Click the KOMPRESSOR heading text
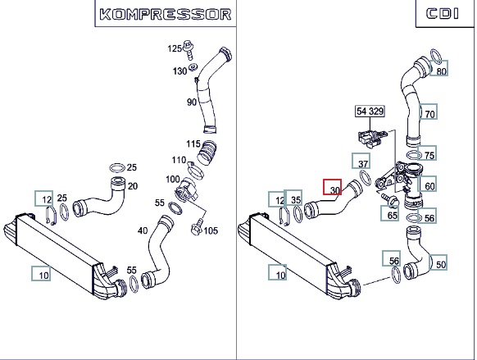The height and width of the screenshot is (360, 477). [166, 14]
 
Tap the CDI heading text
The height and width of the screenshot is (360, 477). [443, 14]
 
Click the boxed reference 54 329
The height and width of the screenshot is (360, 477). [370, 111]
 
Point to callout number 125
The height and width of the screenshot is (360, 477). [175, 48]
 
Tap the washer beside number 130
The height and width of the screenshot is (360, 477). [193, 67]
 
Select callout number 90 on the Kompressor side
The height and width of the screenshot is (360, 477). [192, 103]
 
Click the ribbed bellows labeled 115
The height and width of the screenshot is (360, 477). [207, 153]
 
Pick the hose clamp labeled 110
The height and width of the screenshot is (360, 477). [195, 171]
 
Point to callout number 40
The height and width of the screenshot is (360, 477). [143, 230]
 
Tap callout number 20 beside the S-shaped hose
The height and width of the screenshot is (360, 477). [133, 186]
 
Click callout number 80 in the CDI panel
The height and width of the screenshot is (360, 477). [441, 71]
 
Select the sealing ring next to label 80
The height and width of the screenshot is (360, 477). [436, 57]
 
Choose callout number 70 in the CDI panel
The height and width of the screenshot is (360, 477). [429, 115]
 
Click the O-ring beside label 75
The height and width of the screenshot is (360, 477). [414, 156]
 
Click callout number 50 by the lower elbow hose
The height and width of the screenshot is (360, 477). [441, 264]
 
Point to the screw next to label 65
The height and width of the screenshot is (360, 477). [390, 199]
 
